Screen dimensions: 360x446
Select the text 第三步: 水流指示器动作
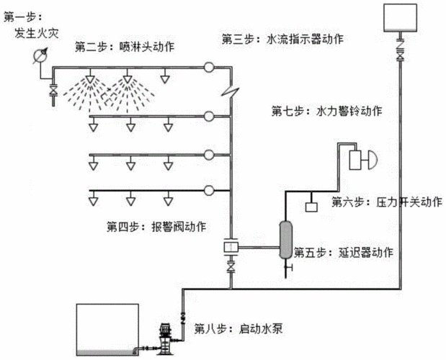point(282,38)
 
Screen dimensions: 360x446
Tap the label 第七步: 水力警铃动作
point(326,112)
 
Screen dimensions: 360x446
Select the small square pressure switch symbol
point(311,207)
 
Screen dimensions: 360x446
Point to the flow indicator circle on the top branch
point(208,68)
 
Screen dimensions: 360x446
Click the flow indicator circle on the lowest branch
point(208,190)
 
